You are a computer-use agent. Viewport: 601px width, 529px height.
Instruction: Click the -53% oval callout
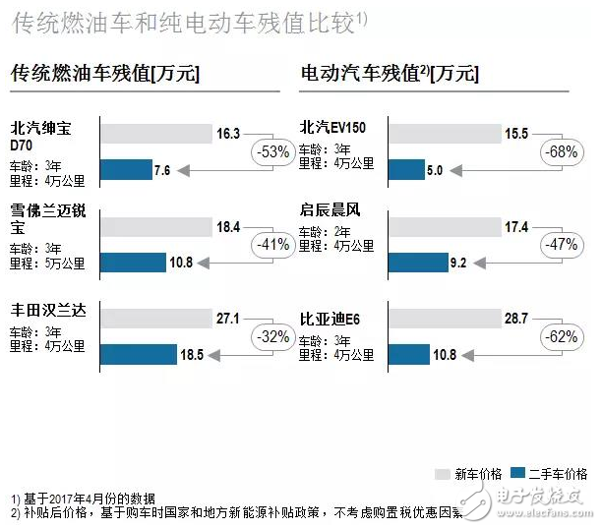[x=271, y=151]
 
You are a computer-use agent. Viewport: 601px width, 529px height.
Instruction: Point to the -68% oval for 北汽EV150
[x=561, y=151]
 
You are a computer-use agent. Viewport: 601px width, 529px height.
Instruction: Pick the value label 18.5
[x=191, y=354]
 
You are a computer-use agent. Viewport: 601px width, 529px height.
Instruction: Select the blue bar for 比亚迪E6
[x=409, y=354]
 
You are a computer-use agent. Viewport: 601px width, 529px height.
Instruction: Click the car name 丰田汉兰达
[x=48, y=311]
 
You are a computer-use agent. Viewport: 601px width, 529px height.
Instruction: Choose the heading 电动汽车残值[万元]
[x=389, y=74]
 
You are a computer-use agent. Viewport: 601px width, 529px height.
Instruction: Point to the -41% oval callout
[x=271, y=244]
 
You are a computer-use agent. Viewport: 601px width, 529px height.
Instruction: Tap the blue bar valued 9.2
[x=419, y=263]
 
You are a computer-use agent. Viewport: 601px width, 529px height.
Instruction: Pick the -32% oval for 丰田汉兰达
[x=271, y=336]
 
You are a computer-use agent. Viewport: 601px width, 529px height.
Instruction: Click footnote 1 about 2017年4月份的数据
[x=83, y=499]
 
